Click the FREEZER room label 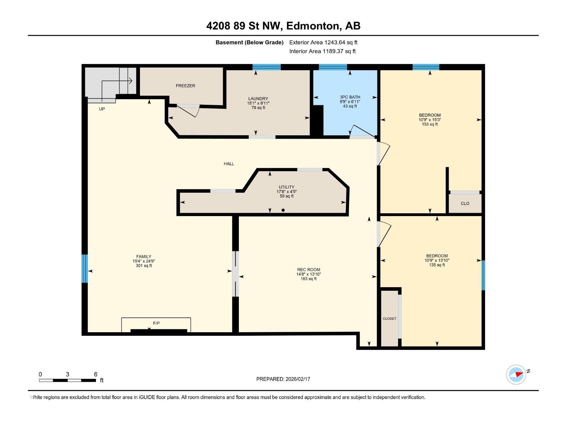(x=185, y=86)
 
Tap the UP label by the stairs (x=102, y=109)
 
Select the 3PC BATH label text (x=350, y=97)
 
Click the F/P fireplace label (x=156, y=323)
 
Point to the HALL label (x=229, y=164)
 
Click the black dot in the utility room (x=283, y=210)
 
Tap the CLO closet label (x=465, y=203)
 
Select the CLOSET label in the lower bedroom (x=389, y=318)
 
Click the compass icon (x=516, y=374)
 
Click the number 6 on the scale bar (x=96, y=374)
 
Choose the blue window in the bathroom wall (x=333, y=67)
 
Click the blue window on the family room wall (x=84, y=268)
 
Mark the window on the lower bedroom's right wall (x=483, y=275)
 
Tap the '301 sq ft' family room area (x=144, y=266)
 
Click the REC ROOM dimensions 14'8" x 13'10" (x=309, y=274)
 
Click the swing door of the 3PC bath (x=361, y=131)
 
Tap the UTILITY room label (x=286, y=187)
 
